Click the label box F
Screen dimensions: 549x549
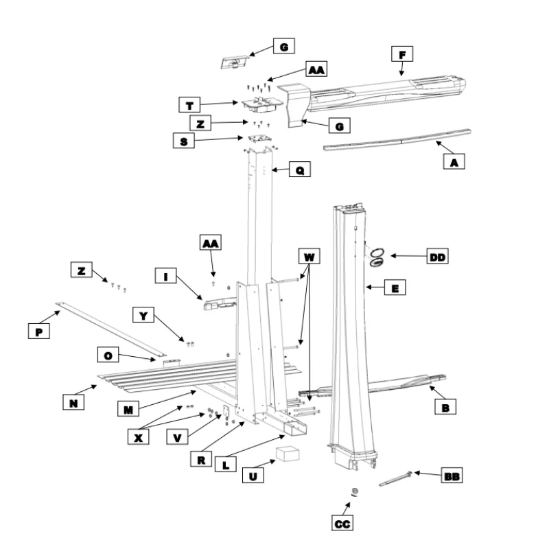(402, 54)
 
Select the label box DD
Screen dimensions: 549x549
(437, 256)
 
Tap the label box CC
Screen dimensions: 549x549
(342, 523)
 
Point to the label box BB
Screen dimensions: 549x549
(452, 475)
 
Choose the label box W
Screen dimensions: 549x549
(309, 256)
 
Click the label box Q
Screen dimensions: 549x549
(300, 169)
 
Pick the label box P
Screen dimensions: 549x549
(39, 331)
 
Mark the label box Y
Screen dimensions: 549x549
(143, 315)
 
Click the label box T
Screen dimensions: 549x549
(189, 105)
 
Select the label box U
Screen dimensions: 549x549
(253, 475)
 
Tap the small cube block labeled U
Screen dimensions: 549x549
(288, 454)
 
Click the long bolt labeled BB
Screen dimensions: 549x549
(396, 478)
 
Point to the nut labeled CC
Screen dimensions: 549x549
(355, 491)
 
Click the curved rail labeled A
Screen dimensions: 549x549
(397, 140)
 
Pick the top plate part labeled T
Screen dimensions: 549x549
(262, 104)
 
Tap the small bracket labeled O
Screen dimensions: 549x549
(171, 362)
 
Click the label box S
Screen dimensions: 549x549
(184, 141)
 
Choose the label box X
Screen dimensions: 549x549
(139, 436)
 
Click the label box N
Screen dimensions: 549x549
(73, 401)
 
